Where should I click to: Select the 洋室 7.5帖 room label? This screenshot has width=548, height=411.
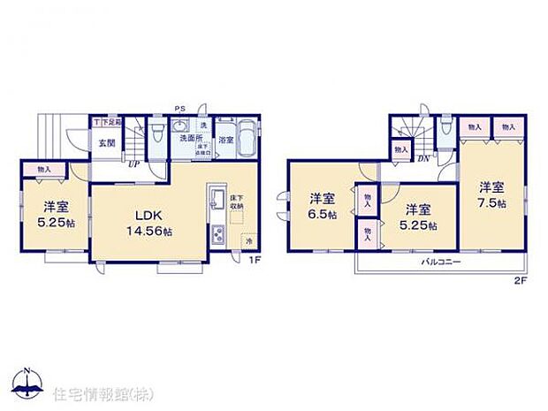(492, 194)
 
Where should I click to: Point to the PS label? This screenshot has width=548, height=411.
(179, 110)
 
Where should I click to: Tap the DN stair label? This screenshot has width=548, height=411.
(423, 158)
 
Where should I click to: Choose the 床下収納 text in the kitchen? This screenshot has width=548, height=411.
(237, 202)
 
